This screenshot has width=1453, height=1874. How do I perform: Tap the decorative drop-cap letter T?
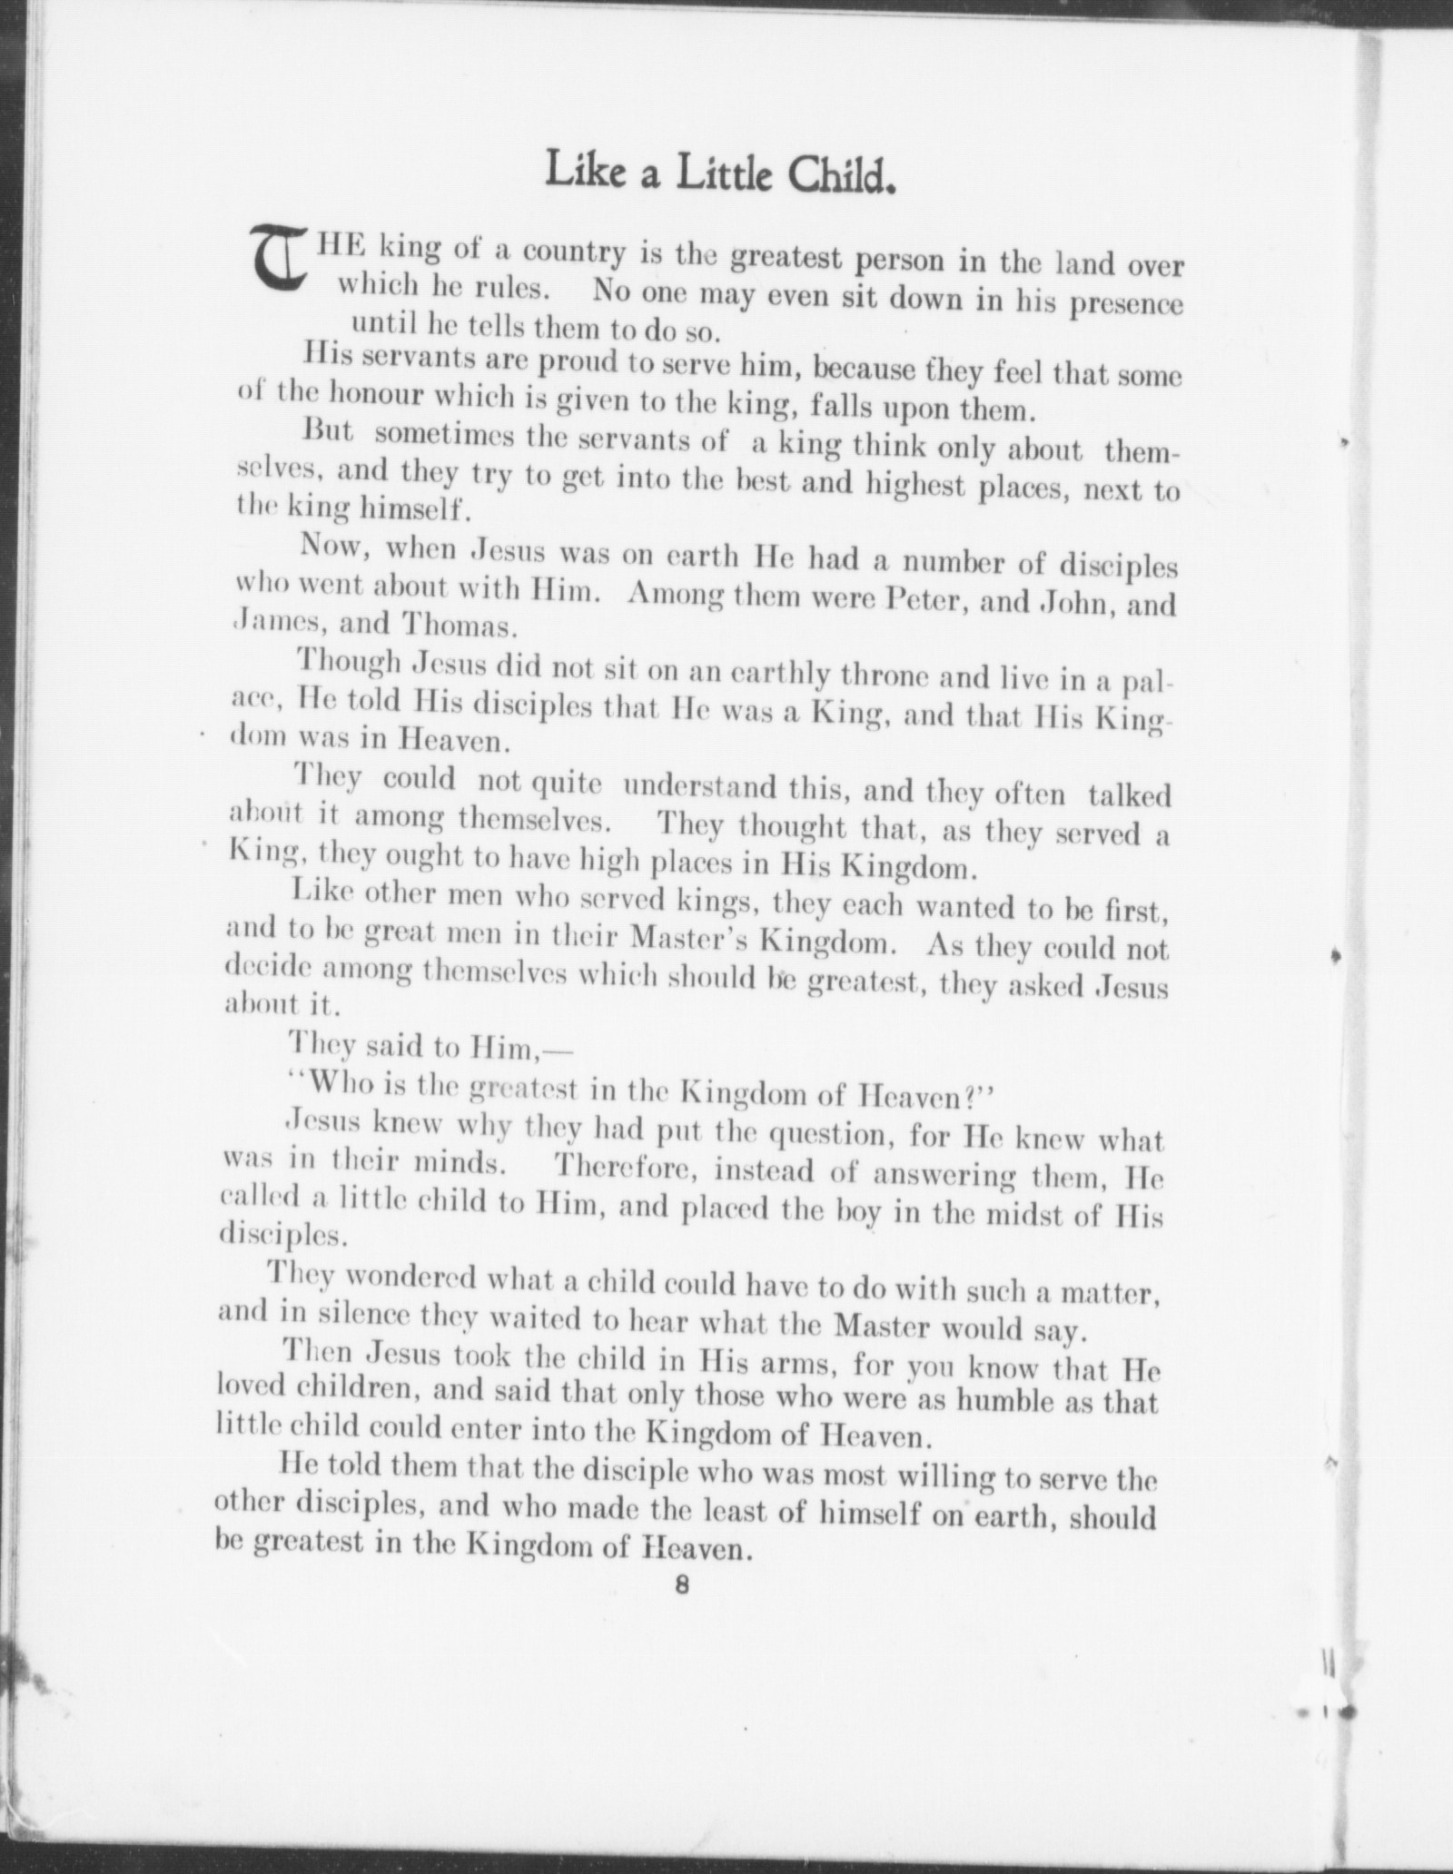[x=279, y=259]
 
